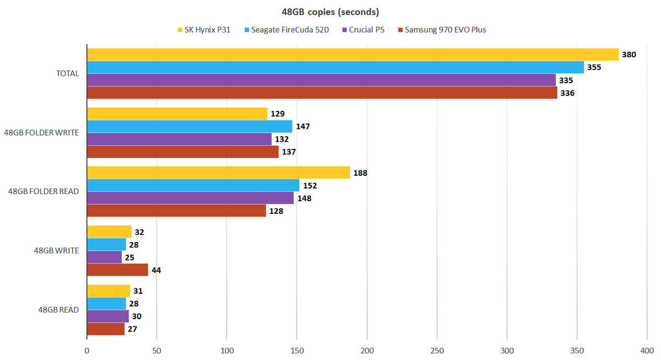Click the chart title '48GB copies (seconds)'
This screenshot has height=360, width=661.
pos(330,12)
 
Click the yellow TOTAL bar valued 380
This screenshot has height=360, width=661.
pos(352,55)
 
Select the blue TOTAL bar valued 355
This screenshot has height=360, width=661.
pos(335,67)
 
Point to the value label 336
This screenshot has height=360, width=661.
pos(567,93)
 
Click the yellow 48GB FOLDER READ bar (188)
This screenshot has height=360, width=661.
pos(218,173)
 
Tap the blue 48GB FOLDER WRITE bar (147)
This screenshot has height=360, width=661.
pos(190,126)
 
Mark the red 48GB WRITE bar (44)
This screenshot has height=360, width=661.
pos(117,270)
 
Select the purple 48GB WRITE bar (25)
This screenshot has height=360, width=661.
pos(104,257)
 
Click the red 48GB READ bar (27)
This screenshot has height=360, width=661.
pos(105,329)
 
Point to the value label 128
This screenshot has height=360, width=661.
pos(276,211)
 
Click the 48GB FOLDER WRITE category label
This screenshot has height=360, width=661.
pos(41,132)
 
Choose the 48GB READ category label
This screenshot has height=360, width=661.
pos(55,310)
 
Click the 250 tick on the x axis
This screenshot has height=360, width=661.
pos(437,350)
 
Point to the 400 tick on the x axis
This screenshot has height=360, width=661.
pos(647,350)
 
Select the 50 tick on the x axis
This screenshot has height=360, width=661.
pos(157,350)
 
